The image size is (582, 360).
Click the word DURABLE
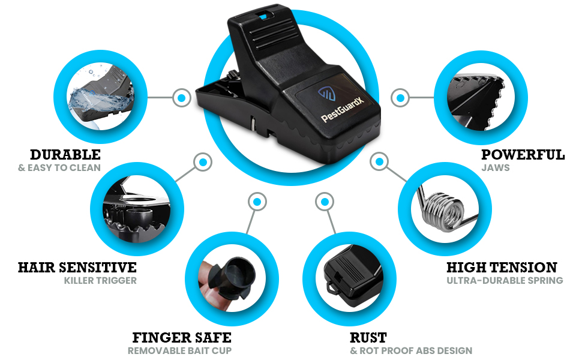click(x=65, y=155)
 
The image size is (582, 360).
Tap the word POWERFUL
click(x=523, y=155)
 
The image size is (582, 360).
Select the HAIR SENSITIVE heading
click(x=77, y=268)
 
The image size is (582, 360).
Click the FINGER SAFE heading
click(x=182, y=338)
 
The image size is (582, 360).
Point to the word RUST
click(x=368, y=338)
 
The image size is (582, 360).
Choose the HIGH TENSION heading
click(x=502, y=268)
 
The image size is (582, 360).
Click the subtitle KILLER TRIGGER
click(x=100, y=281)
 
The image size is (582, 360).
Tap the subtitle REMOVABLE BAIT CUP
click(x=179, y=351)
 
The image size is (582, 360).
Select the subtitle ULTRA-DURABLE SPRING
click(x=505, y=281)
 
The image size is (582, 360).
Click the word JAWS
click(x=496, y=168)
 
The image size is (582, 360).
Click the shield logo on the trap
click(x=326, y=94)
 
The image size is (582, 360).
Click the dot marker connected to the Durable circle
click(x=182, y=98)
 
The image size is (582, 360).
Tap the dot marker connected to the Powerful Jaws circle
click(x=400, y=98)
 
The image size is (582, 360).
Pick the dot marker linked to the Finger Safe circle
click(x=257, y=202)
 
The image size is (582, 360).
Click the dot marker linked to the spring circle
click(x=379, y=162)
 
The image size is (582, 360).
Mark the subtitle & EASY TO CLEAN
click(x=59, y=168)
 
